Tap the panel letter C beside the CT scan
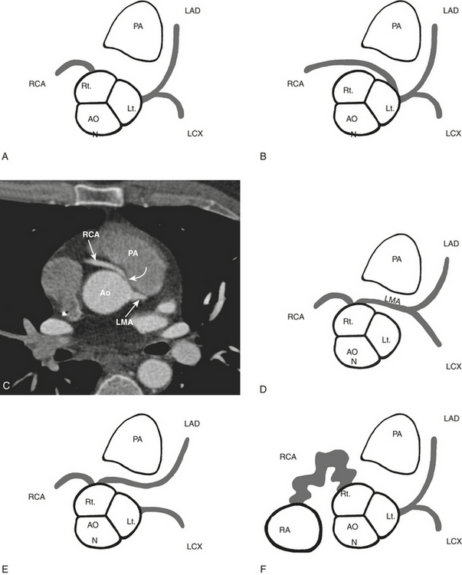click(x=6, y=386)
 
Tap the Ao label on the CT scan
click(x=107, y=293)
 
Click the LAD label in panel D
click(x=451, y=244)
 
